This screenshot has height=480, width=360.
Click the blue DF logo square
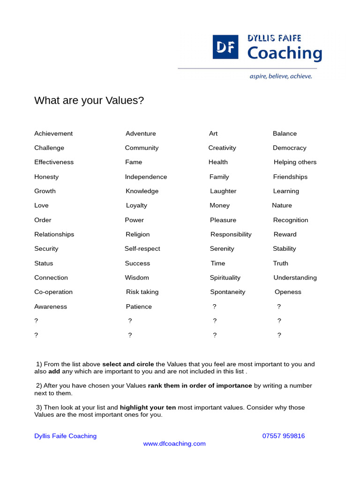click(225, 46)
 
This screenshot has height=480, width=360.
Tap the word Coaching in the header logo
click(285, 53)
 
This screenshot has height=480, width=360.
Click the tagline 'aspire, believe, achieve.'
click(280, 76)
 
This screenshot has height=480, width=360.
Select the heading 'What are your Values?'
click(89, 101)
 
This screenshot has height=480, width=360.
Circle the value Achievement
click(53, 134)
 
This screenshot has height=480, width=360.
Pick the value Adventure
click(141, 134)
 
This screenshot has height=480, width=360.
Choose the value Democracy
click(290, 148)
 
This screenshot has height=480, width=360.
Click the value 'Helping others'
click(295, 162)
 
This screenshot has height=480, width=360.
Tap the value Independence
click(146, 177)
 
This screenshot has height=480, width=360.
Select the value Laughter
click(223, 191)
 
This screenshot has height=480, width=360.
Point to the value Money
click(219, 205)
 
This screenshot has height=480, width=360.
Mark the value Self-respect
click(142, 249)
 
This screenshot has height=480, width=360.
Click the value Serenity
click(222, 249)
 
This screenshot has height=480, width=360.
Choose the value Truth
click(281, 263)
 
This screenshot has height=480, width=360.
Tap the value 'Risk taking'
click(142, 292)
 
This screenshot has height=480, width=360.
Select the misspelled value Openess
click(288, 292)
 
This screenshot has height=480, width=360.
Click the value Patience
click(139, 307)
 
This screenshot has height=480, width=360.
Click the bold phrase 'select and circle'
click(128, 364)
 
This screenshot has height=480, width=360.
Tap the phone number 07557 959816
click(284, 436)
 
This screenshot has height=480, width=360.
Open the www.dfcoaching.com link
click(174, 443)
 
